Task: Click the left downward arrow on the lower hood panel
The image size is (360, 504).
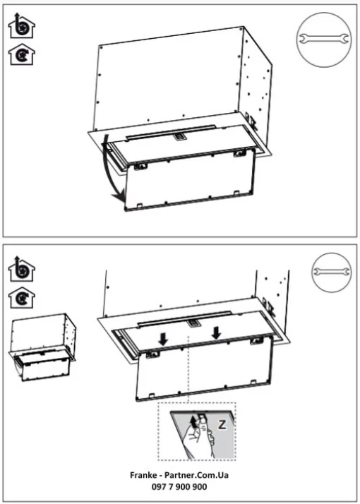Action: pyautogui.click(x=163, y=339)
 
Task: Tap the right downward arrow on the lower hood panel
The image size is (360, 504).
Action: pyautogui.click(x=217, y=331)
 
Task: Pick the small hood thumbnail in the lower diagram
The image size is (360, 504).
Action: pyautogui.click(x=43, y=350)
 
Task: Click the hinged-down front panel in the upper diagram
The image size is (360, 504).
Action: pyautogui.click(x=190, y=183)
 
